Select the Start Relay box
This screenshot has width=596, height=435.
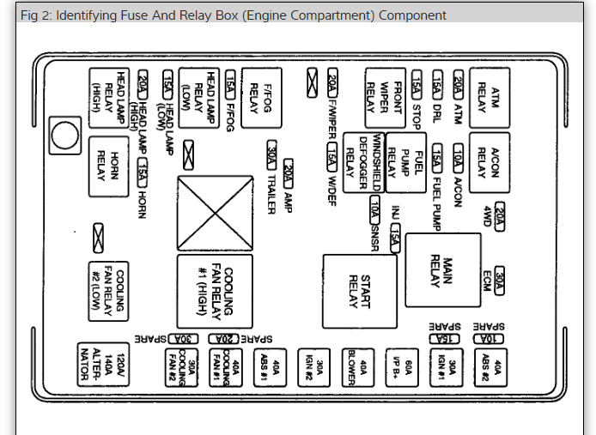point(359,291)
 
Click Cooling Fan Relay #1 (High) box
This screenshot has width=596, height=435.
point(215,291)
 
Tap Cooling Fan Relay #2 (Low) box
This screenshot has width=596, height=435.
point(110,289)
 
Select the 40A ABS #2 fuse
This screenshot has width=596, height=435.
point(492,368)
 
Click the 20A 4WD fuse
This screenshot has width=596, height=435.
point(499,220)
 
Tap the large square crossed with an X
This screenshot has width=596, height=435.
point(215,210)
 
